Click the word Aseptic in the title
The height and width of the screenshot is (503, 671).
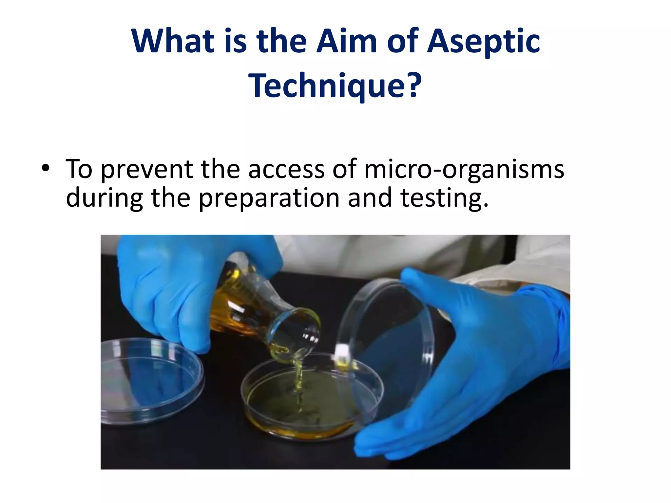[x=484, y=42]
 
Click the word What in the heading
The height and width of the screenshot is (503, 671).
[x=173, y=42]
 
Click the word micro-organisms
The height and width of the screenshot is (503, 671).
[x=464, y=169]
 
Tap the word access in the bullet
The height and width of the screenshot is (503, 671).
[x=286, y=169]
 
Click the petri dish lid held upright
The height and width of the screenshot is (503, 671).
[x=387, y=341]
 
